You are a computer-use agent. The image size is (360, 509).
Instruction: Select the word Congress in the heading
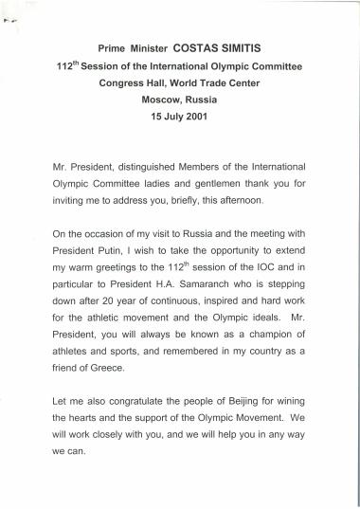coord(122,82)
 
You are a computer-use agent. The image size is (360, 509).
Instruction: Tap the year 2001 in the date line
coord(209,118)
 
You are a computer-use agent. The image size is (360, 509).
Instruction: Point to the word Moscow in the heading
coord(163,100)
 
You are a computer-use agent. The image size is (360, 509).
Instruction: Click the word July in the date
coord(180,118)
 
